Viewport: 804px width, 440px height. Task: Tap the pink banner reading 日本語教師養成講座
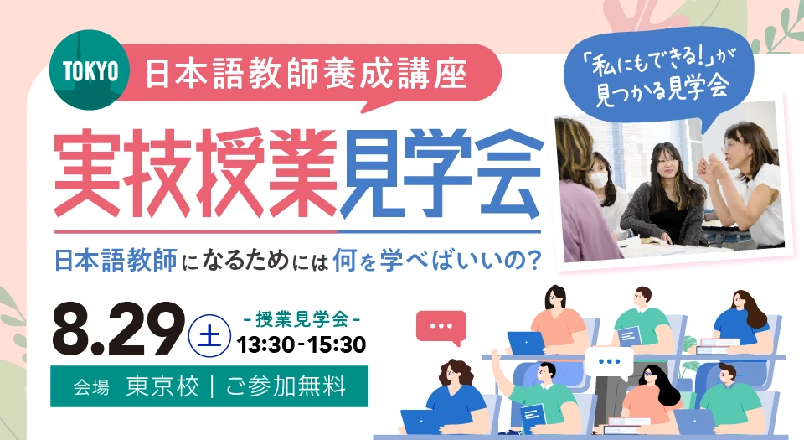point(307,75)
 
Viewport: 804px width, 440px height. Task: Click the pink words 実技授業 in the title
point(195,173)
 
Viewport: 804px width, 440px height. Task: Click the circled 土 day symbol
point(209,336)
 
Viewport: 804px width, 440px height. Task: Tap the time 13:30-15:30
point(301,344)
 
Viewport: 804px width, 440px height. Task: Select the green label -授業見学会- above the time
point(301,319)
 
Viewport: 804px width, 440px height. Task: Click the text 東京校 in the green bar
point(163,386)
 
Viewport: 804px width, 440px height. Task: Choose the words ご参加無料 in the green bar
point(286,386)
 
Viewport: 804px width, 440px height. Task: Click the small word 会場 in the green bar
point(90,387)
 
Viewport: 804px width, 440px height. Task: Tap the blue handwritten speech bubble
point(659,77)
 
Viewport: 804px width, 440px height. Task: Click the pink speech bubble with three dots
point(441,327)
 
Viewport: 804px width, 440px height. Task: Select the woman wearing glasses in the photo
point(744,184)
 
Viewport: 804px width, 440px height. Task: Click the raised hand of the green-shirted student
point(495,355)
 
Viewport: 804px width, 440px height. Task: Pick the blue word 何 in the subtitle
point(344,260)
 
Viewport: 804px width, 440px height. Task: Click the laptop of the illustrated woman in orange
point(526,343)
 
